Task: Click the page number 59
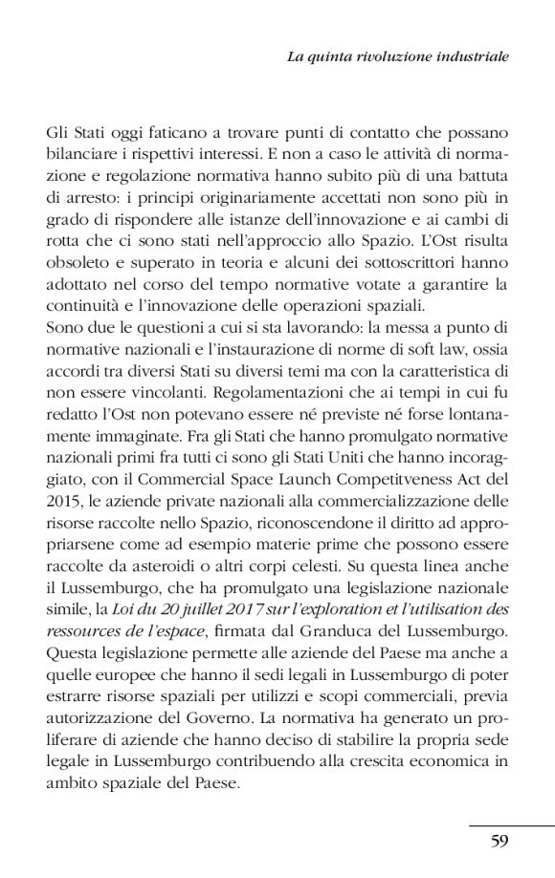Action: click(x=499, y=842)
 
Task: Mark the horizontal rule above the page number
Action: click(x=511, y=824)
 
